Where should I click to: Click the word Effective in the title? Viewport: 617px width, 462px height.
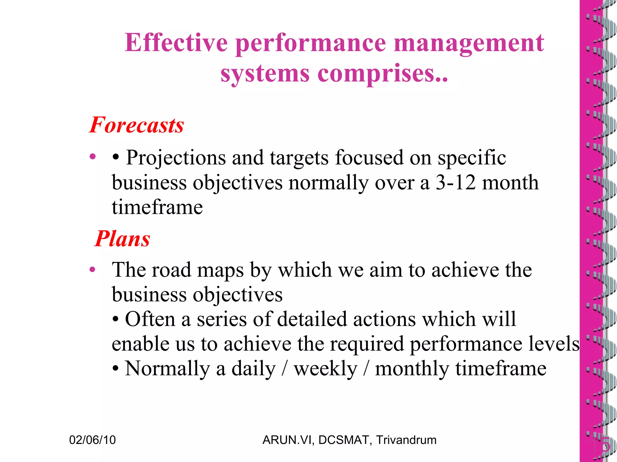pos(176,43)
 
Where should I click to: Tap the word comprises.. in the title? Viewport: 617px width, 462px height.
pos(383,74)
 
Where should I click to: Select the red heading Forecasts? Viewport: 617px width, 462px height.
pos(136,125)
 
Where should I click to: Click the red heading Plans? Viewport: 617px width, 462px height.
pos(122,239)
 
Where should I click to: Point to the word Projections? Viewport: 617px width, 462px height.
pos(176,158)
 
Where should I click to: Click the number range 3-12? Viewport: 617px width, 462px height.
pos(456,183)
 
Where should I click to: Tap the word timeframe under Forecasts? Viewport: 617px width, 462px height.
pos(157,207)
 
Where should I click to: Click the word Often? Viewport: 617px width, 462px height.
pos(150,319)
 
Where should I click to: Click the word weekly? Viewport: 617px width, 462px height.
pos(325,369)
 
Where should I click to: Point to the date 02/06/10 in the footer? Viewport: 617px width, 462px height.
pos(92,440)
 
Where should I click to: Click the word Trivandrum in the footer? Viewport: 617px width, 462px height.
pos(406,440)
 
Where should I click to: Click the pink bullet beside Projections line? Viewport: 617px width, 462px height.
pos(92,156)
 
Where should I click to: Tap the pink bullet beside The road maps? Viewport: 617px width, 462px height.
pos(92,269)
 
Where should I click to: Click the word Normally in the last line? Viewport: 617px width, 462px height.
pos(167,369)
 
